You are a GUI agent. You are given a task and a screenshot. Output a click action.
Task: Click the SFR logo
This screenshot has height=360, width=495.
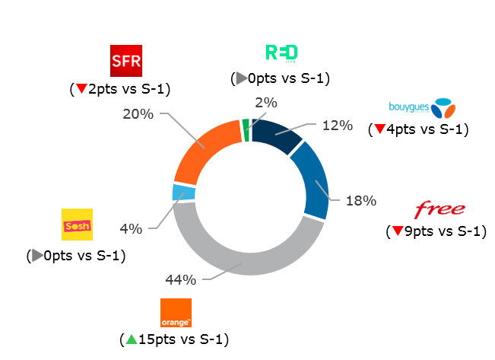tap(126, 61)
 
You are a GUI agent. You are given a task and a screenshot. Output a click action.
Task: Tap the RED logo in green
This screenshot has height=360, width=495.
tap(281, 53)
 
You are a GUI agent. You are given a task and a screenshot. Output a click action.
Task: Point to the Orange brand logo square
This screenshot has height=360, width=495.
tap(176, 313)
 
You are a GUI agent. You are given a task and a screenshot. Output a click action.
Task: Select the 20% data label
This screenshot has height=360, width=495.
tap(138, 114)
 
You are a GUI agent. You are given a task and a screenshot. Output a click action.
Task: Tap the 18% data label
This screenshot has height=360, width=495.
tap(361, 201)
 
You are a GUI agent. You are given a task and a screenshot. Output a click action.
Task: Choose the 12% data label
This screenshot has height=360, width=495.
tap(337, 125)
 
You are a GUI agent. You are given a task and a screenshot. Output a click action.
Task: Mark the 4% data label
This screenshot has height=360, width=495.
tap(132, 228)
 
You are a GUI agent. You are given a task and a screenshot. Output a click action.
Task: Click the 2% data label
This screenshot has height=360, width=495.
tap(266, 103)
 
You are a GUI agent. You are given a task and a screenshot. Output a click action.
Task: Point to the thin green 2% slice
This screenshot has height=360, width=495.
tap(246, 129)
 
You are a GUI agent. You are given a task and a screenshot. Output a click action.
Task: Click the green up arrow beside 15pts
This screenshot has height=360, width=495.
tap(131, 337)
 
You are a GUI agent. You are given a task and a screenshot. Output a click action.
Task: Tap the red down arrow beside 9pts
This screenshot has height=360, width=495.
tap(397, 231)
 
